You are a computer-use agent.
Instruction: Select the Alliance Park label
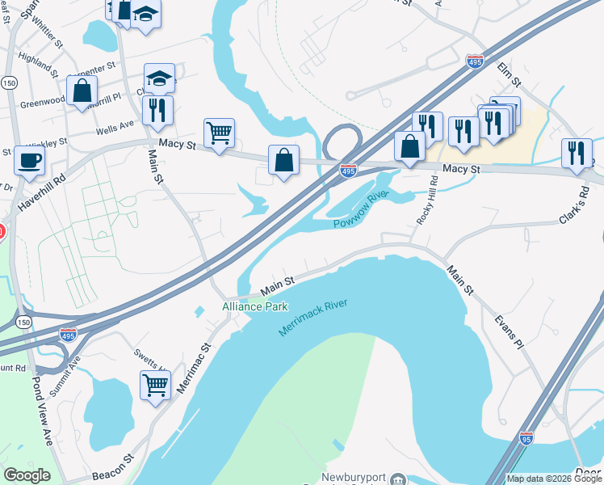255,307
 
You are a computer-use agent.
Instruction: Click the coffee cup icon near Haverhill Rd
30,160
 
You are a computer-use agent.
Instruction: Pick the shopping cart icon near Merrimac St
156,384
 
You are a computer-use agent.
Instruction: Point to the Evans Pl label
510,332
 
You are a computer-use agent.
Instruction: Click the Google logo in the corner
27,475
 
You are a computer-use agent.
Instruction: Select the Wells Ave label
115,128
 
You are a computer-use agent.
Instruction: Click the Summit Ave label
68,369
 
